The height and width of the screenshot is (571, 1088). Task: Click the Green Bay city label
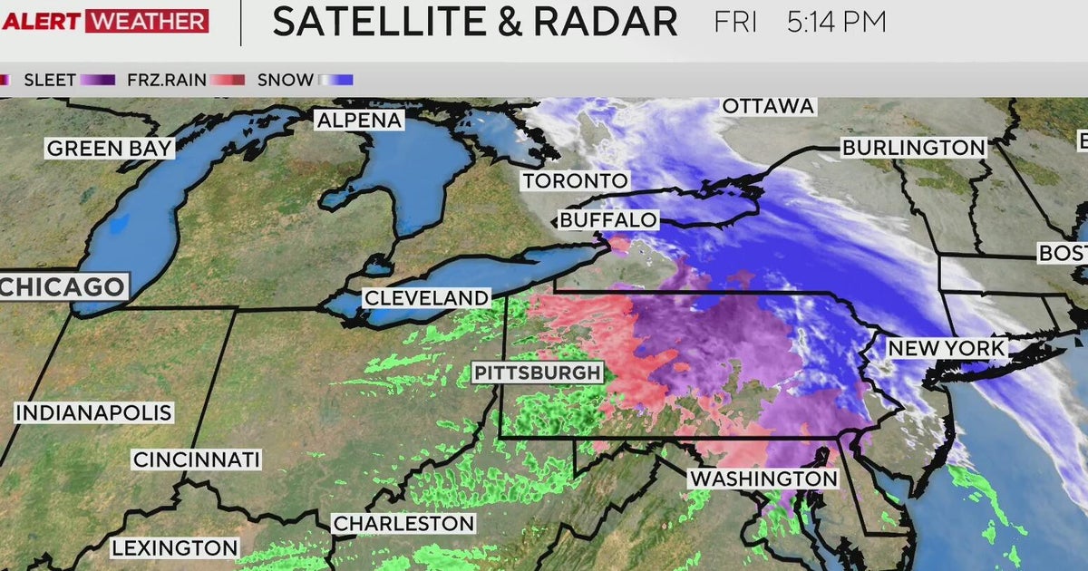coord(110,149)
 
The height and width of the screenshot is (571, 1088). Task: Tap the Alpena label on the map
coord(358,121)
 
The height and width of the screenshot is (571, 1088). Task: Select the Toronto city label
coord(574,180)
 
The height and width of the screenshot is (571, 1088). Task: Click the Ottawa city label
coord(768,106)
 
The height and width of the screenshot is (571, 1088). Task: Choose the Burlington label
coord(913,147)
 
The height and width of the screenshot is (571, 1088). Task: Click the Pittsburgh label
coord(537,372)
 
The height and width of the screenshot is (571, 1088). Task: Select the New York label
coord(946,348)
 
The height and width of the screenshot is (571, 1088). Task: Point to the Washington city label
coord(763,478)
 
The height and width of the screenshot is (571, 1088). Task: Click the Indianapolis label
coord(93,412)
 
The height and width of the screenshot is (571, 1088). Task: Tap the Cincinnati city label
coord(197,460)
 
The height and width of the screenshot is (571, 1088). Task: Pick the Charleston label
coord(403,523)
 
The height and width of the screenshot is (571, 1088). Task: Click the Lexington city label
coord(175,547)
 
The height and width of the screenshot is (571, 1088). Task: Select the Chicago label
coord(63,287)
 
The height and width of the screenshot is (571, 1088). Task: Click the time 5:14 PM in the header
coord(836,22)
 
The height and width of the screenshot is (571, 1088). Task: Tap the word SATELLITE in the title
coord(365,22)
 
